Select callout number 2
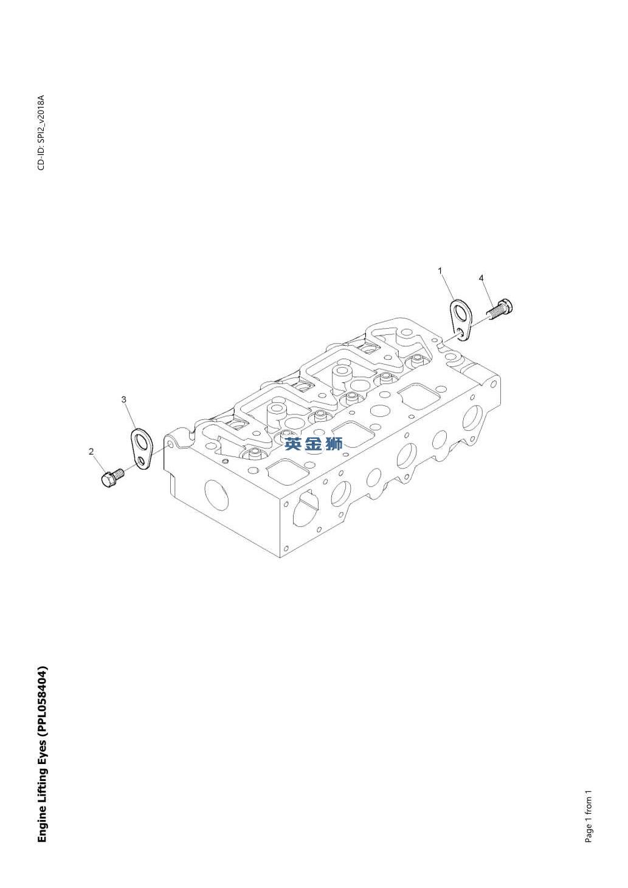pyautogui.click(x=92, y=452)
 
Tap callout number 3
pyautogui.click(x=124, y=399)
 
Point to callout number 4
pyautogui.click(x=481, y=278)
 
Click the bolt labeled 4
pyautogui.click(x=500, y=307)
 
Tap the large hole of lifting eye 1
pyautogui.click(x=460, y=312)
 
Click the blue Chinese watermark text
pyautogui.click(x=314, y=444)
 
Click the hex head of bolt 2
pyautogui.click(x=106, y=481)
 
